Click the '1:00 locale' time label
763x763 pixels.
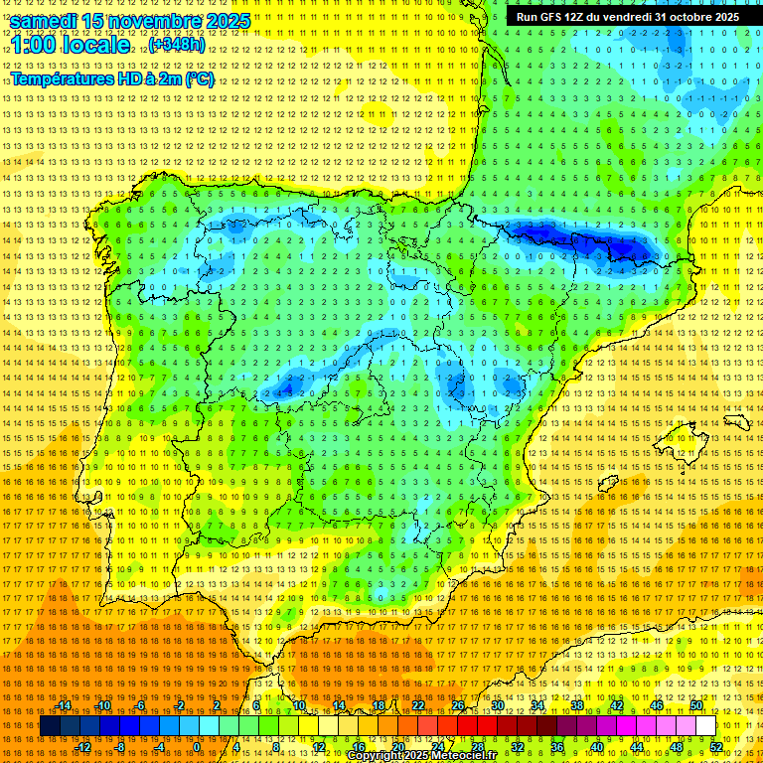[x=71, y=46]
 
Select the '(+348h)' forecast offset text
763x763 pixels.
[x=177, y=46]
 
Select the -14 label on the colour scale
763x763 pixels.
[x=65, y=705]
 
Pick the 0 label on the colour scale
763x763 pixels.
[x=197, y=746]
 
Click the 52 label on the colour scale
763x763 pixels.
[x=716, y=746]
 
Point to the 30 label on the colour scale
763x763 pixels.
[x=498, y=705]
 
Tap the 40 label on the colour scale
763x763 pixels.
[x=595, y=746]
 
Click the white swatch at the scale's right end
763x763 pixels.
[x=706, y=726]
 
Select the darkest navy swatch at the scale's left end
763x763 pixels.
[x=50, y=726]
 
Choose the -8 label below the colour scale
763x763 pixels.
[x=121, y=746]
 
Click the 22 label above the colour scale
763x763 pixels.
[x=418, y=705]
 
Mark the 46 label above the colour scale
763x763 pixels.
[x=657, y=705]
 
